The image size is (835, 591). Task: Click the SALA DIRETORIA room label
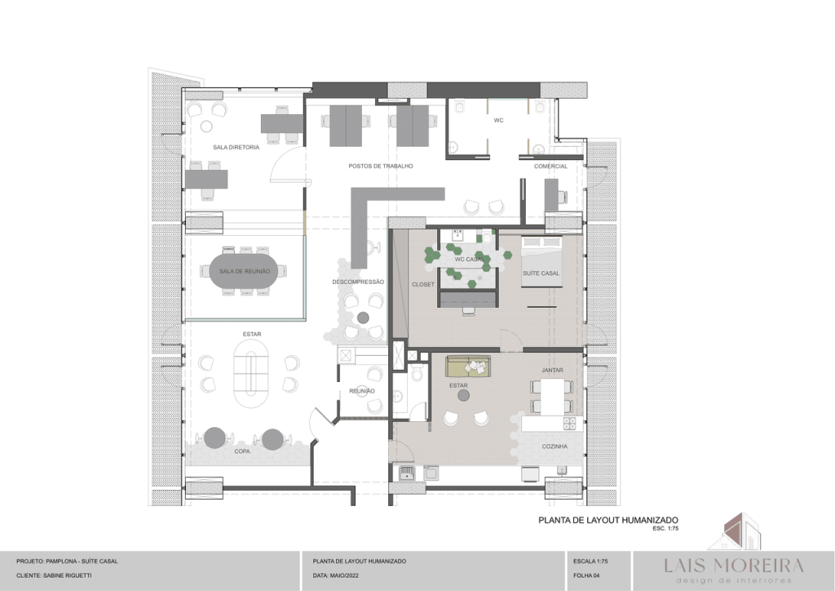tap(236, 147)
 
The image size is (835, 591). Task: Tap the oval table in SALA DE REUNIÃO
tap(245, 271)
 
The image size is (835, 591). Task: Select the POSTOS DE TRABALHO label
tap(381, 166)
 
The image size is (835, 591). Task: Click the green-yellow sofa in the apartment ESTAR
tap(468, 367)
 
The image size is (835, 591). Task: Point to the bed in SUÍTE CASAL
tap(541, 261)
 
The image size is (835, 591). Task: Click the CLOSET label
tap(423, 285)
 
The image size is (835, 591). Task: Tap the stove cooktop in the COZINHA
tap(570, 424)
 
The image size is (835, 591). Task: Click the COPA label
tap(242, 451)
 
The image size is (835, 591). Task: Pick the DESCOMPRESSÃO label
tap(358, 282)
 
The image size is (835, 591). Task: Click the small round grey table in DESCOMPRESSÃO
tap(363, 318)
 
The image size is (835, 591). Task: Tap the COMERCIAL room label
tap(550, 167)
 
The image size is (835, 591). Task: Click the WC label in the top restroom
tap(498, 121)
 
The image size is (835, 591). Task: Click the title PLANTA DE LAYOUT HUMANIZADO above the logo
tap(608, 520)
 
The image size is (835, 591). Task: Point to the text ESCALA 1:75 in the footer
tap(590, 561)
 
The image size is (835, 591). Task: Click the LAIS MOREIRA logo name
tap(734, 565)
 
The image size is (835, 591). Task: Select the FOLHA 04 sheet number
tap(586, 575)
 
